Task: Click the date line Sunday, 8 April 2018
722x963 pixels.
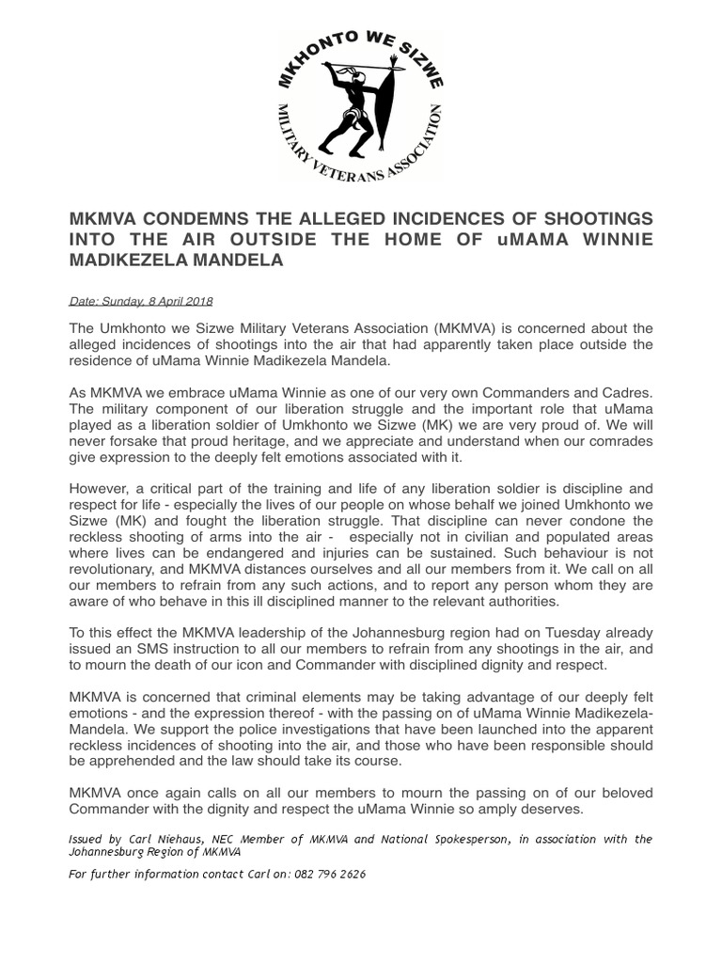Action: click(x=141, y=301)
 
